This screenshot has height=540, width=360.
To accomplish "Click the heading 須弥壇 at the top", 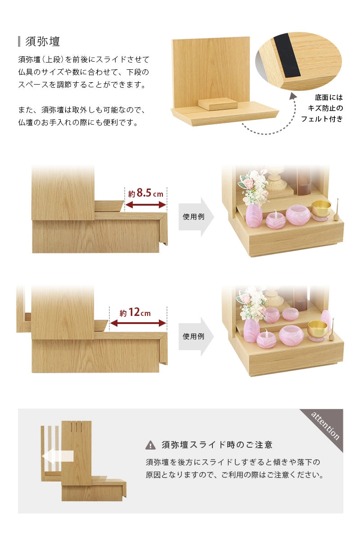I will [43, 41].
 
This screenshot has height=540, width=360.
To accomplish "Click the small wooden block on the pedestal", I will [218, 103].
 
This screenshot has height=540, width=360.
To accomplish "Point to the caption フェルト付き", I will [322, 119].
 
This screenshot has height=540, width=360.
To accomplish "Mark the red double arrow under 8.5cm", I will [145, 205].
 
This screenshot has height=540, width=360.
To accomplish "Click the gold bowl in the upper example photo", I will [321, 208].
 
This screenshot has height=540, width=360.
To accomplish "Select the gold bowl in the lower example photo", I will [317, 328].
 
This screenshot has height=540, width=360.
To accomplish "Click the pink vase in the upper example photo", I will [254, 216].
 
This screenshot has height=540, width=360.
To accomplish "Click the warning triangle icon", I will [150, 445].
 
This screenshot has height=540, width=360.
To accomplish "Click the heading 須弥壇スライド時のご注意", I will [217, 445].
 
